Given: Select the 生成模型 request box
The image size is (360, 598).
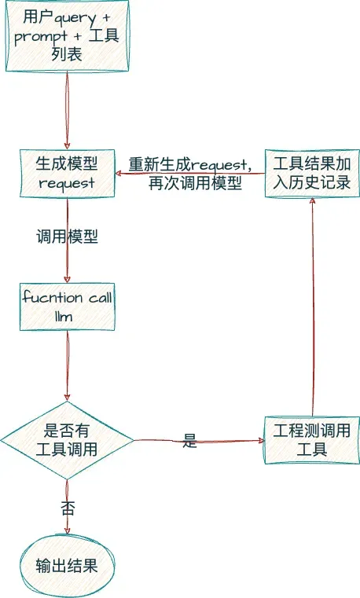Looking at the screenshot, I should coord(67,172).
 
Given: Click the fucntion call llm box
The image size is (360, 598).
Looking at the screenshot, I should coord(67,307).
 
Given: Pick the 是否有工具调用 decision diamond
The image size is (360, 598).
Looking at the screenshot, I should coord(67,440).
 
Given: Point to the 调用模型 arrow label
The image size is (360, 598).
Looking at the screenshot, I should coord(67,237).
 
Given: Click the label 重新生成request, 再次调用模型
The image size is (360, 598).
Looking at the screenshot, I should coord(190,174).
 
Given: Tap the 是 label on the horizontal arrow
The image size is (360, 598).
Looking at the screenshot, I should coord(189,441).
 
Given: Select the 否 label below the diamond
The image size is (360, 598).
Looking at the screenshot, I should coord(68,508).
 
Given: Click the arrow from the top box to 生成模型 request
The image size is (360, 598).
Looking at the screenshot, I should coord(66,110).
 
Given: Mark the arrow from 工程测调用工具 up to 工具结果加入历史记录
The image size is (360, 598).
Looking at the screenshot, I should coord(313,314).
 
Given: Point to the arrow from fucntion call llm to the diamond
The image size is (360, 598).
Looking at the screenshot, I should coord(67,365).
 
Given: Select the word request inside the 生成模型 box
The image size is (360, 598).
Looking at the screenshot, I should coord(67,182).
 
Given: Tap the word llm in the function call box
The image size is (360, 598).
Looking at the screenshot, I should coord(67,317).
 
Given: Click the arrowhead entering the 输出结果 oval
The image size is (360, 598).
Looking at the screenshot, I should coord(67,533).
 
